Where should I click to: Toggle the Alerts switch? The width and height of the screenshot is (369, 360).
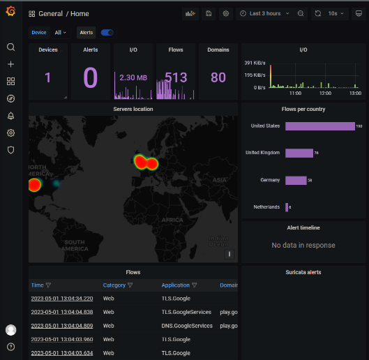(x=107, y=32)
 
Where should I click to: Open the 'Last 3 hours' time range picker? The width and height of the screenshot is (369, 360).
(x=265, y=13)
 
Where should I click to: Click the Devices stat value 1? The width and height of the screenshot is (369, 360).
(x=48, y=77)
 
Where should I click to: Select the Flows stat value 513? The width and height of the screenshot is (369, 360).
(x=176, y=77)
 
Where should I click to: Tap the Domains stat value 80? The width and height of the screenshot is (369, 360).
(x=218, y=77)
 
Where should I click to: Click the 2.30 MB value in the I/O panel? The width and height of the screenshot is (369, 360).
(x=133, y=78)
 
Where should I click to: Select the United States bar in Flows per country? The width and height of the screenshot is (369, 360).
(x=319, y=126)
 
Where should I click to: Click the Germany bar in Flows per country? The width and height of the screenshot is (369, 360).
(x=295, y=180)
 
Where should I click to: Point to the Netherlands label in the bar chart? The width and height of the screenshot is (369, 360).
(x=266, y=207)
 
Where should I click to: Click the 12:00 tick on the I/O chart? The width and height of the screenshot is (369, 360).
(x=324, y=93)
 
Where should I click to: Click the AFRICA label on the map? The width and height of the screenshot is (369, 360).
(x=172, y=219)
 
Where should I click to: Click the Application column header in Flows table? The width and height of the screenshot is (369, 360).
(x=176, y=285)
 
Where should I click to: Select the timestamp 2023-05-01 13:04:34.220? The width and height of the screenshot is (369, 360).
(x=61, y=299)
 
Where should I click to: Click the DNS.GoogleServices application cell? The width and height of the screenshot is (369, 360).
(x=187, y=325)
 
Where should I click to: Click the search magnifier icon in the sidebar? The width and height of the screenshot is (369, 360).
(x=10, y=47)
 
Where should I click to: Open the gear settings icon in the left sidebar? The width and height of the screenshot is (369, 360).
(x=10, y=133)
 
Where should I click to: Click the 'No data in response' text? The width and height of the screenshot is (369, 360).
(x=303, y=246)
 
